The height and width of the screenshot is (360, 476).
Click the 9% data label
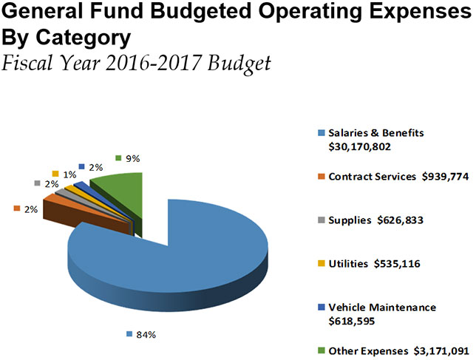click(131, 158)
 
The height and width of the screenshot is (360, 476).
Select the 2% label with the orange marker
click(30, 210)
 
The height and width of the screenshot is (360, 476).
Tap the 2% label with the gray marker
click(51, 183)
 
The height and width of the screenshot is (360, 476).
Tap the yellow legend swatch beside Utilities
click(320, 262)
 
